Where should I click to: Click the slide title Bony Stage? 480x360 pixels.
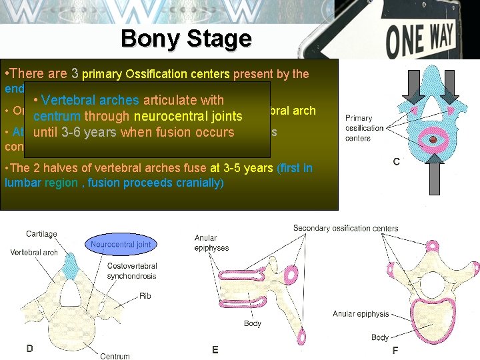click(x=186, y=38)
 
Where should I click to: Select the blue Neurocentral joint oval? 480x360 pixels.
click(x=121, y=245)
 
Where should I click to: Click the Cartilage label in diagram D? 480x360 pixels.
click(x=41, y=234)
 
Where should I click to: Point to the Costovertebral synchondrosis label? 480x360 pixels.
click(x=133, y=271)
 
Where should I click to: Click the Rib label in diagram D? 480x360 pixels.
click(x=145, y=295)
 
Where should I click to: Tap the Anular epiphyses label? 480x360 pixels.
click(x=211, y=242)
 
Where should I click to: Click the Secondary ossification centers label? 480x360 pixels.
click(x=345, y=229)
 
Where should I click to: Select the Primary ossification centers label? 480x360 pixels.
click(x=364, y=128)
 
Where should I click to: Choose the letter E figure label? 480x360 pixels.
click(x=215, y=349)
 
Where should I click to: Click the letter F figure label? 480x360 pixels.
click(x=395, y=350)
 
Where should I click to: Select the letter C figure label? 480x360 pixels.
click(x=396, y=161)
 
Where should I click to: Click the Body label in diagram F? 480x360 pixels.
click(x=380, y=337)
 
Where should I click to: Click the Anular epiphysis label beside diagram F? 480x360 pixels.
click(x=361, y=314)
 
